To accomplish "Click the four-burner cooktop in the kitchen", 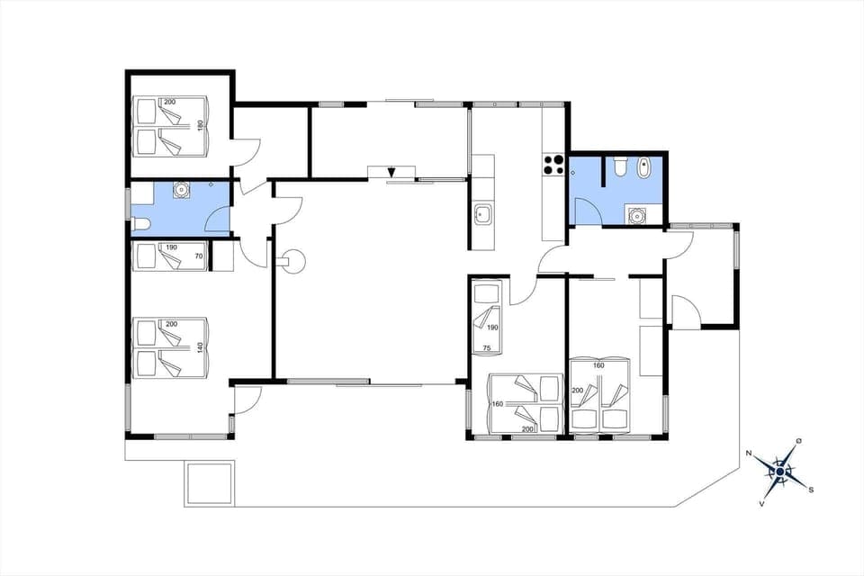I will [553, 165].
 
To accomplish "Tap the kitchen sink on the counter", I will [482, 214].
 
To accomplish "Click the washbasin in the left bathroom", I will [182, 189].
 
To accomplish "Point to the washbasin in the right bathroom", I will [638, 215].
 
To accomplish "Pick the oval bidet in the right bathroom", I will [643, 168].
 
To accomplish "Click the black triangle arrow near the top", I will [391, 173].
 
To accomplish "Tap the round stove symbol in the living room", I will [293, 262].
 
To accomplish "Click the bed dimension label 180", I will [201, 125].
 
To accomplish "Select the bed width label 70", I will [199, 256].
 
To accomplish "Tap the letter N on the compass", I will [750, 454].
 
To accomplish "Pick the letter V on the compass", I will [762, 502].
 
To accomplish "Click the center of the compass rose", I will [779, 471].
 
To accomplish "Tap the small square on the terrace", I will [209, 482].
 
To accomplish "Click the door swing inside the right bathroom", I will [587, 211].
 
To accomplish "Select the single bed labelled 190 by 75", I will [489, 319].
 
